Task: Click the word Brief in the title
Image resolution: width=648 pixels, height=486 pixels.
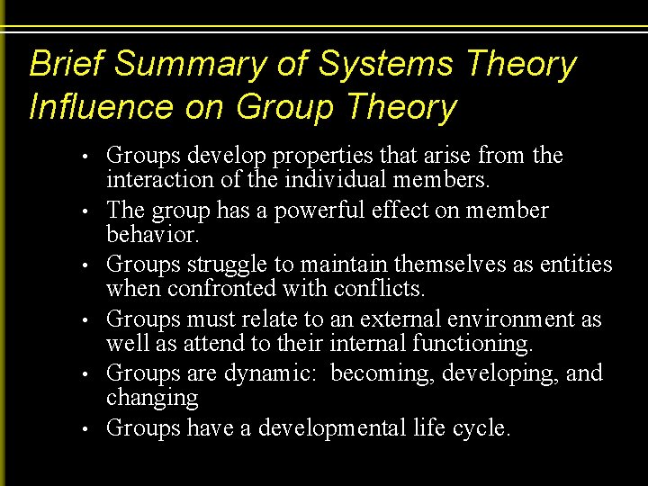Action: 67,65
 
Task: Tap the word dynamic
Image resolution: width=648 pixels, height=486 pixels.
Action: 273,374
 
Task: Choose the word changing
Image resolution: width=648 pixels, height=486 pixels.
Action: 152,397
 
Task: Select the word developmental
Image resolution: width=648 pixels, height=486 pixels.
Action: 332,428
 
